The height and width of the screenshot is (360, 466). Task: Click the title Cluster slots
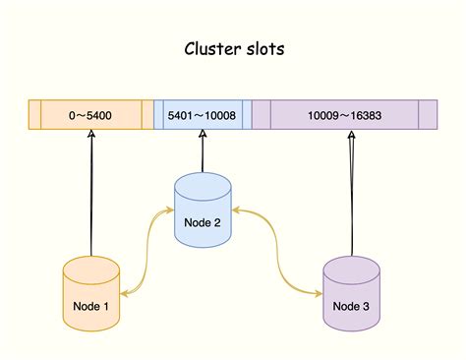[x=233, y=49]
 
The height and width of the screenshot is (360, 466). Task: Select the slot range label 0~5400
[x=90, y=116]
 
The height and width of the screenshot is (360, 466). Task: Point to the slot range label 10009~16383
[x=344, y=116]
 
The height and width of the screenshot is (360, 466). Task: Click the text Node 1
[x=90, y=306]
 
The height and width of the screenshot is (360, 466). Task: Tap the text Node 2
[x=204, y=222]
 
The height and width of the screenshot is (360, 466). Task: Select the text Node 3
[x=351, y=306]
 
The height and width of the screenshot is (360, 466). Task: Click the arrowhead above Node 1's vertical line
[x=90, y=138]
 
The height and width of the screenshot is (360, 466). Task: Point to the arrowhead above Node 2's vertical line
[x=204, y=138]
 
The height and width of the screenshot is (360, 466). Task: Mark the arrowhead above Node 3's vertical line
[x=351, y=138]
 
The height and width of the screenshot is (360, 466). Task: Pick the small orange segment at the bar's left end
[x=34, y=116]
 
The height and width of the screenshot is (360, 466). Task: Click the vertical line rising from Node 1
[x=90, y=197]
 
